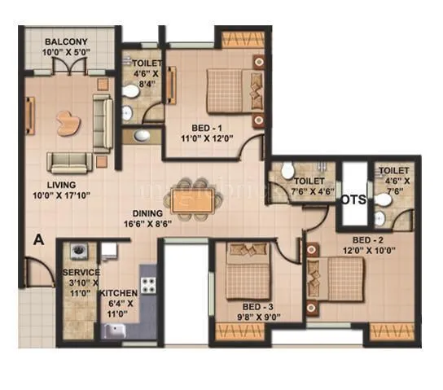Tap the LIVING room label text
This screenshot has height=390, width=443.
(62, 185)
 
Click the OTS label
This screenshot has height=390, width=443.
(353, 199)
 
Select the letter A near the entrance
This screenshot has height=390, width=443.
(38, 239)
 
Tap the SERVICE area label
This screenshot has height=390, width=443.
(81, 272)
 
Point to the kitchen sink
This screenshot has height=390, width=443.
(114, 330)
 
